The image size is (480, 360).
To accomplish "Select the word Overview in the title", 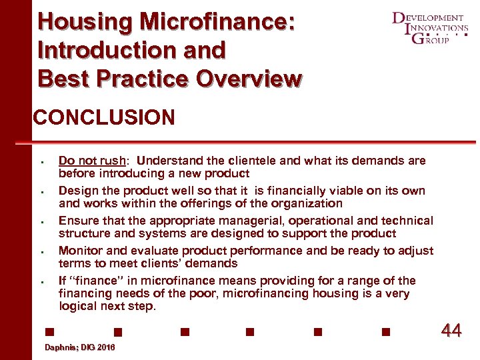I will tap(248, 79).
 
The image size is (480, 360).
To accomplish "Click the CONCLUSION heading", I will tap(104, 118).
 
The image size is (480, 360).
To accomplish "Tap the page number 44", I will tap(451, 330).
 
